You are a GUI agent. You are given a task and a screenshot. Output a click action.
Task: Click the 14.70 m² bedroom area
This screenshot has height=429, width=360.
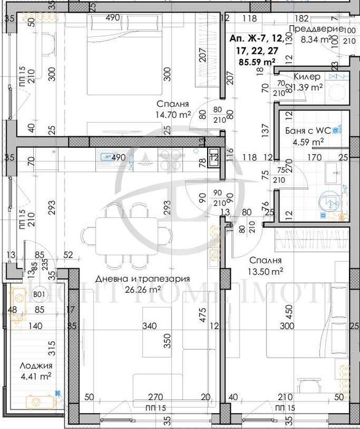pos(173,114)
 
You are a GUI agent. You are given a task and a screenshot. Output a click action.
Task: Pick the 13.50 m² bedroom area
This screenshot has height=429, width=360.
pos(265,270)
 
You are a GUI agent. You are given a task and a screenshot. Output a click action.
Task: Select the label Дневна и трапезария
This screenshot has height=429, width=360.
pos(142,279)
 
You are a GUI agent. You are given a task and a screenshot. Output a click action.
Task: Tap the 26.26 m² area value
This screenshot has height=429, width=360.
pos(142,290)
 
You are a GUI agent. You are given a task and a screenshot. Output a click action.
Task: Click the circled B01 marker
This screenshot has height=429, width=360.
pos(39,295)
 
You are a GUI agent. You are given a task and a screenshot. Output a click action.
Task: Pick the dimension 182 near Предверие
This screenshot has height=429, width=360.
pos(302,18)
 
